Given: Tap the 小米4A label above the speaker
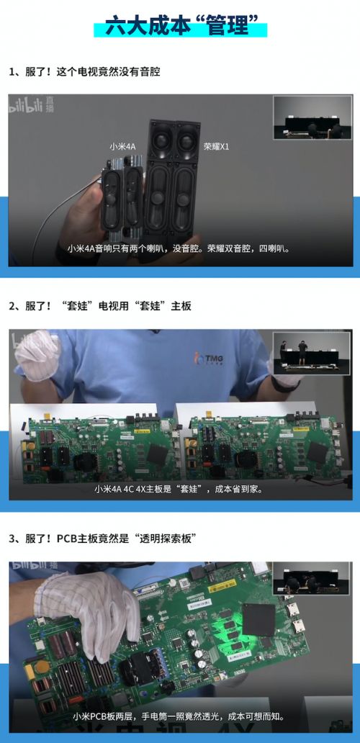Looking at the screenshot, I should pos(122,146).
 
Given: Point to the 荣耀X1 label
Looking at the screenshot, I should pos(216,146).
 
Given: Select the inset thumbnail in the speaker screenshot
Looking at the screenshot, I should pos(311,117).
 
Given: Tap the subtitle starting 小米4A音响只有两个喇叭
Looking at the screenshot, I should pos(179,249).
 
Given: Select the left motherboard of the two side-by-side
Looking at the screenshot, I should pos(97,450).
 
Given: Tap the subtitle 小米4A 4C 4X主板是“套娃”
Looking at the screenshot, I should pos(179,488).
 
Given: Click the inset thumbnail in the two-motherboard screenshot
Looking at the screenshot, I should pos(311,353).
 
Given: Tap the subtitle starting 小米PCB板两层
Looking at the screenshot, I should pos(179,716).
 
